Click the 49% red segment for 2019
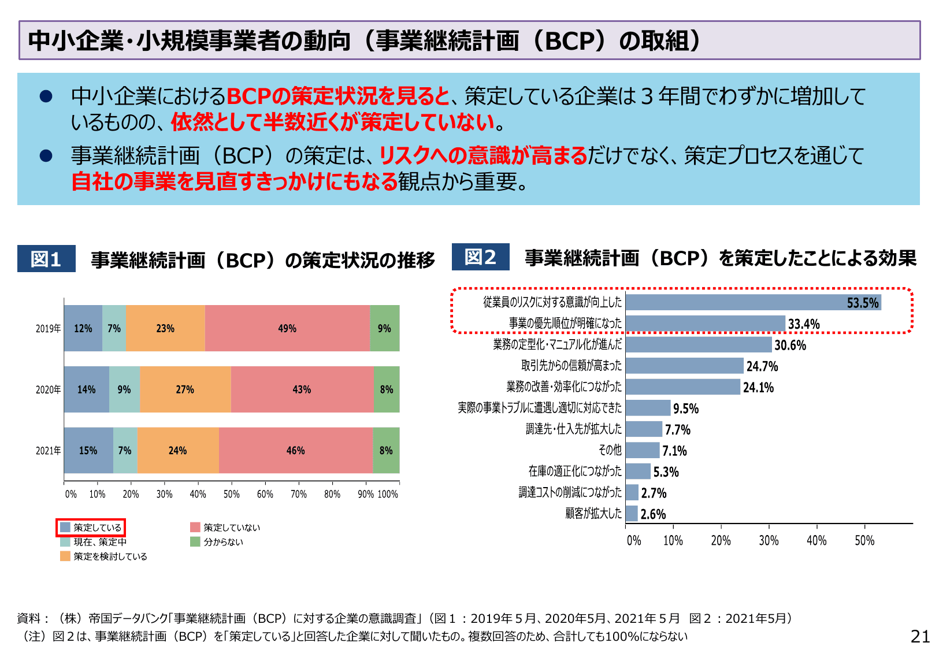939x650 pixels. point(287,328)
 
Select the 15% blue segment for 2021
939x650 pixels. point(88,450)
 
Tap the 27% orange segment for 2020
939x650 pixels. point(185,389)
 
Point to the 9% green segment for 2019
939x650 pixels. point(384,328)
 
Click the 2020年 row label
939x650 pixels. point(48,389)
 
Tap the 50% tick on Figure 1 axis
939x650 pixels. point(231,494)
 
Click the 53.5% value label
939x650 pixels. point(862,303)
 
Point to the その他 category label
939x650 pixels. point(610,450)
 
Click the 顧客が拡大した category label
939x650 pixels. point(593,513)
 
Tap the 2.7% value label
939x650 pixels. point(654,493)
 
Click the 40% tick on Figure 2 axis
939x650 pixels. point(816,541)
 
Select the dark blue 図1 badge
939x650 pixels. point(46,259)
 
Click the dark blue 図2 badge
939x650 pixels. point(480,257)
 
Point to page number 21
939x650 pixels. point(920,636)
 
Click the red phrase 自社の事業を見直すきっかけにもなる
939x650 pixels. point(234,181)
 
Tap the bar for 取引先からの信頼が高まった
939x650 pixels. point(684,366)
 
